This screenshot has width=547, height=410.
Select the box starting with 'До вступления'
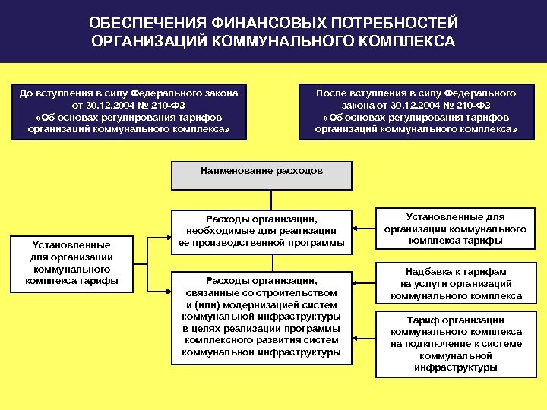pyautogui.click(x=128, y=112)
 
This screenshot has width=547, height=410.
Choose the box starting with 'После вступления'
pyautogui.click(x=416, y=112)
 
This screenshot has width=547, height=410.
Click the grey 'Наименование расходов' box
pyautogui.click(x=262, y=175)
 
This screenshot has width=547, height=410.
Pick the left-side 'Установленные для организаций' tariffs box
pyautogui.click(x=72, y=263)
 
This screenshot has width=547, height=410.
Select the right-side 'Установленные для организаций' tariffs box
pyautogui.click(x=455, y=229)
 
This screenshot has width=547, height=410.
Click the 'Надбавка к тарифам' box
pyautogui.click(x=455, y=283)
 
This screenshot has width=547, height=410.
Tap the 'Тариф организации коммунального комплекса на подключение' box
pyautogui.click(x=455, y=343)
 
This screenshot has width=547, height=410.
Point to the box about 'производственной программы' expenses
pyautogui.click(x=262, y=231)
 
